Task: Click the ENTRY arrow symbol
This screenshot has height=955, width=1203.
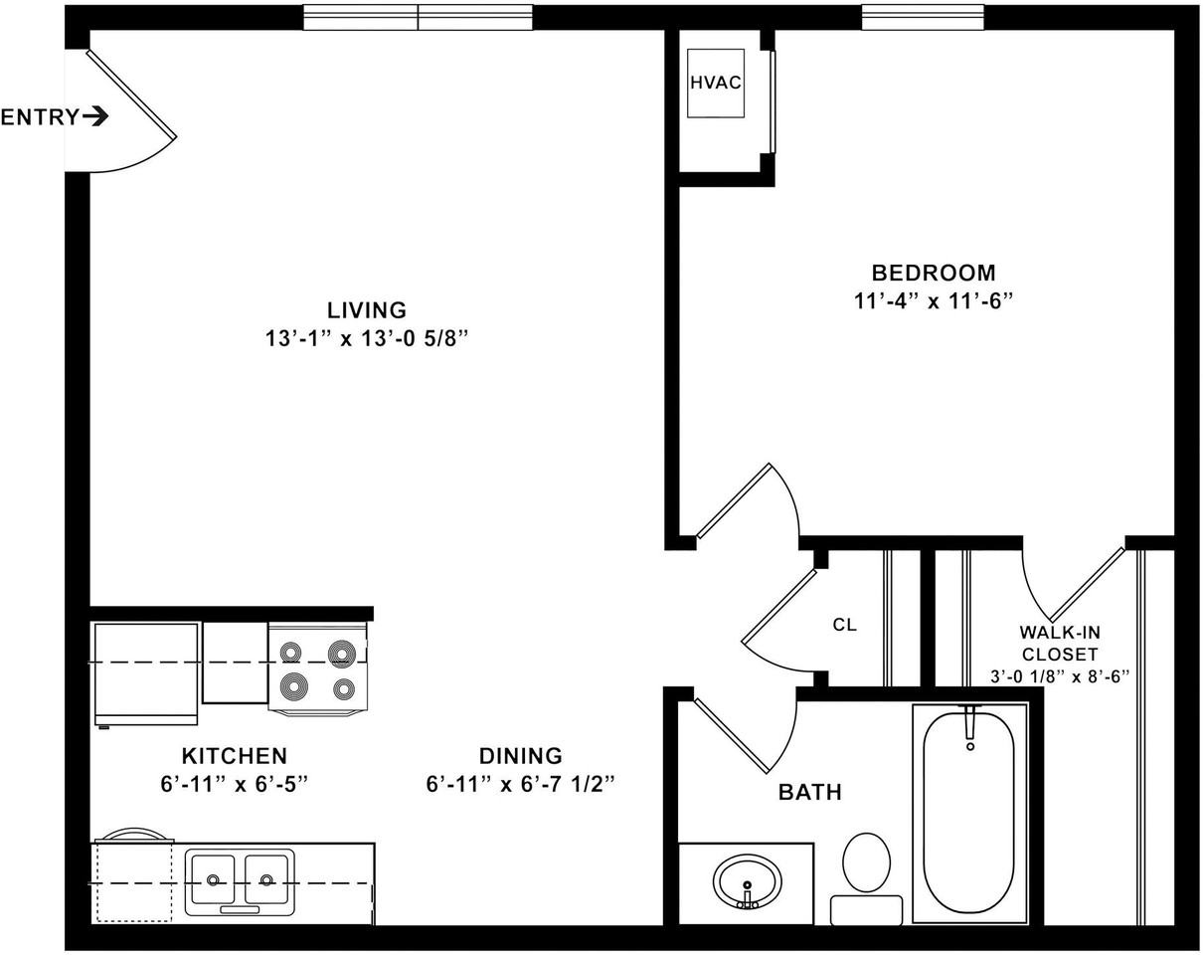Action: point(95,116)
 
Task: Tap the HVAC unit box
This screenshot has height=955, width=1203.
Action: point(716,83)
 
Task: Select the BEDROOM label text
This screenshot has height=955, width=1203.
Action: point(933,273)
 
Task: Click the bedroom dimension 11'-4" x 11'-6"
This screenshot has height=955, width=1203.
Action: point(933,301)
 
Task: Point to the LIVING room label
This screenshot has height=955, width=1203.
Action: point(367,310)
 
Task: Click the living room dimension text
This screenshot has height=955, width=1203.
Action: point(367,339)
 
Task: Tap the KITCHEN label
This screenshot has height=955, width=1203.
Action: point(234,756)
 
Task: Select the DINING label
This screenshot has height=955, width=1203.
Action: point(520,756)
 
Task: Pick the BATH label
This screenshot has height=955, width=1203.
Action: point(809,793)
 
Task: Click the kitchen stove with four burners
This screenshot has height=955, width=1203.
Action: point(317,668)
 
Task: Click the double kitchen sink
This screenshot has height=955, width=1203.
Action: point(240,879)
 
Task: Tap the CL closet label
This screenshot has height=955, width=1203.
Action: point(844,626)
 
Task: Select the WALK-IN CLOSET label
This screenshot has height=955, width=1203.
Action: point(1059,643)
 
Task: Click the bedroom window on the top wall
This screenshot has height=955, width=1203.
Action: point(922,17)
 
